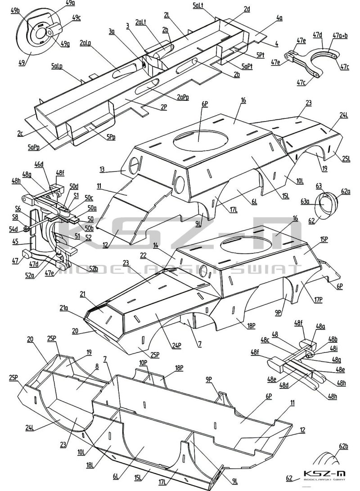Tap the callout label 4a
pyautogui.click(x=279, y=18)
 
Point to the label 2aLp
pyautogui.click(x=86, y=43)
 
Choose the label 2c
pyautogui.click(x=20, y=134)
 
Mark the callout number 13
pyautogui.click(x=103, y=169)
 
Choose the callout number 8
pyautogui.click(x=96, y=366)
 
